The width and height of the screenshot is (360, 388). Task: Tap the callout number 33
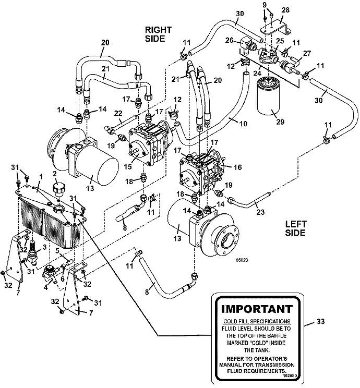(x=322, y=323)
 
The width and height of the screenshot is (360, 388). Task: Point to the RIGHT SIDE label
(x=158, y=34)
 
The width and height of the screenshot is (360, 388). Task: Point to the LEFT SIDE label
(x=296, y=228)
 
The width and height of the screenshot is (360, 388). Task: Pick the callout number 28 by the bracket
(x=285, y=9)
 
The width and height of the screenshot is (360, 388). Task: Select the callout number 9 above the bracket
(x=265, y=5)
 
